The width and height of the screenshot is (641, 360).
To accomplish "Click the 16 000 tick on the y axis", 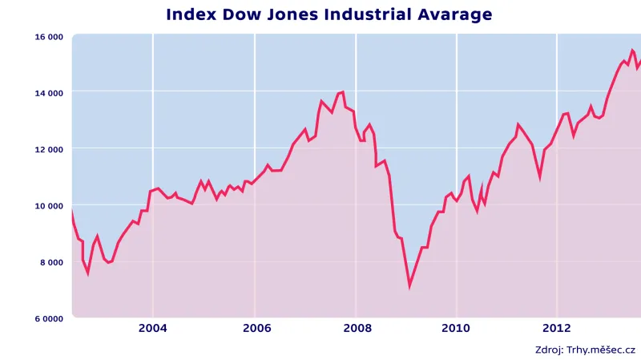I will (x=48, y=37).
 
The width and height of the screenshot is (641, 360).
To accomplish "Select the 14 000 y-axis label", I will (x=48, y=93).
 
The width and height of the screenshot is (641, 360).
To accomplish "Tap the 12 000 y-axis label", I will (x=48, y=149).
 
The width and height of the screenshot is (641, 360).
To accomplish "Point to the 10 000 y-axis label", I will (x=48, y=205).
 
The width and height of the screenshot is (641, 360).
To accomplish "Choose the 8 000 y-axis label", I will (x=50, y=262).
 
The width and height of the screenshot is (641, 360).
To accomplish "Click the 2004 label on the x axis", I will (x=152, y=328).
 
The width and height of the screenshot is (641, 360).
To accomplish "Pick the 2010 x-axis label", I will (x=456, y=328).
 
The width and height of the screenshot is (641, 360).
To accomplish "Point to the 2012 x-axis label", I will (x=557, y=328).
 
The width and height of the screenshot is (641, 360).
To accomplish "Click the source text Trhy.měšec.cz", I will (x=601, y=350).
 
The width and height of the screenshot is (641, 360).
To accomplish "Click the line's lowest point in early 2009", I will (x=409, y=285).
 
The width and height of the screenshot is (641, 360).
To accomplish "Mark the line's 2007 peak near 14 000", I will (x=342, y=92).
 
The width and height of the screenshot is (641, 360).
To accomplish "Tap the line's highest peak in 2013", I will (x=631, y=51).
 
